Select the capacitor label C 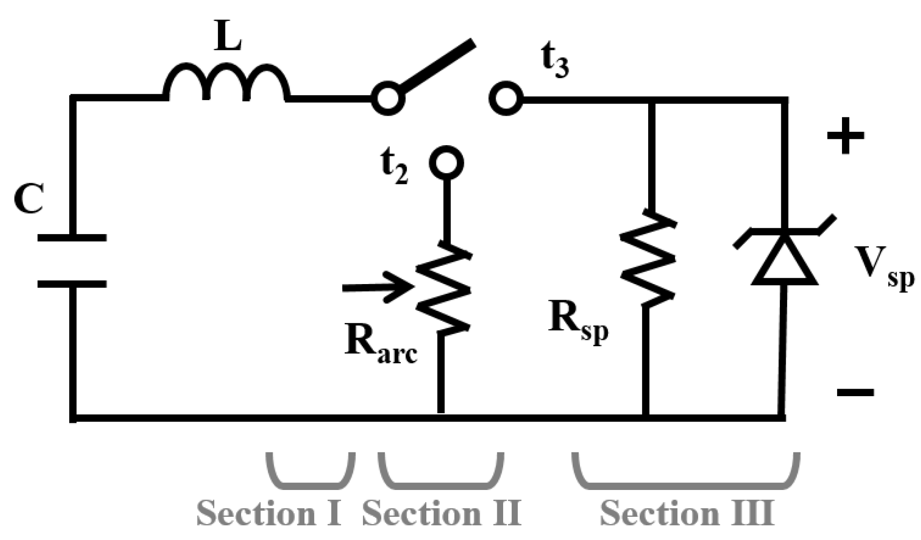point(29,198)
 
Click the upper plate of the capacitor point(72,238)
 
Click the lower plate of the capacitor point(72,284)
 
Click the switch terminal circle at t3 point(506,100)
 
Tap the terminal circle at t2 point(446,163)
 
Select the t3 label point(555,65)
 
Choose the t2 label point(392,169)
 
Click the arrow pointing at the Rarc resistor point(375,288)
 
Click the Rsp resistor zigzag point(647,259)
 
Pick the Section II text point(441,513)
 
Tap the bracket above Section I point(311,474)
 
